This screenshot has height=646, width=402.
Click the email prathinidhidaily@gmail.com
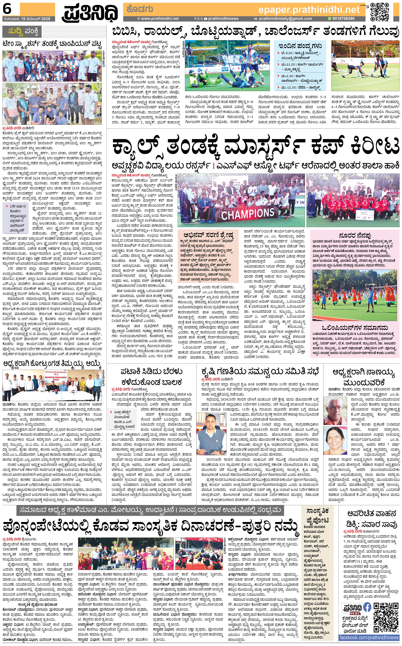285,19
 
